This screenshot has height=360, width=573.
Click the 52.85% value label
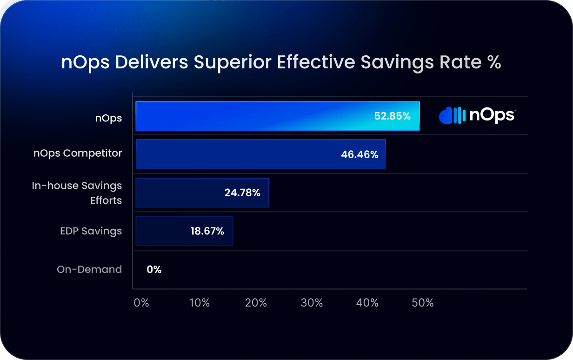[392, 116]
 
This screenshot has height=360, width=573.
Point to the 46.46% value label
[360, 154]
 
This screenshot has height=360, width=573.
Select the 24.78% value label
[242, 193]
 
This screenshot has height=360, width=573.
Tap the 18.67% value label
[207, 231]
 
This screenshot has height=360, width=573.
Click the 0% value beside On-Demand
[154, 269]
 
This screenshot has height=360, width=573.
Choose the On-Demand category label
[89, 269]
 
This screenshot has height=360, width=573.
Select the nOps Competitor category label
[78, 153]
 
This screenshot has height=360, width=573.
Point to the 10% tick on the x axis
[200, 303]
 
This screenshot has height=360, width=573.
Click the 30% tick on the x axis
[312, 303]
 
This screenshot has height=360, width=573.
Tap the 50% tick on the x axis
[423, 303]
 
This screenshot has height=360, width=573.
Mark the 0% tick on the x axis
[141, 303]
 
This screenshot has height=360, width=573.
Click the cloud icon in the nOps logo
[446, 116]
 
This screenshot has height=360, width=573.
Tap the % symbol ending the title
[494, 62]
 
